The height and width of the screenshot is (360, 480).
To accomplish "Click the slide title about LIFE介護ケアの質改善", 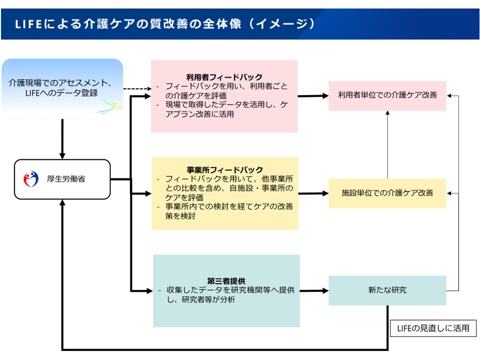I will point(165,23).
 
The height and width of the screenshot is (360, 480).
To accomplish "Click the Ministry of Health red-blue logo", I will point(31,178).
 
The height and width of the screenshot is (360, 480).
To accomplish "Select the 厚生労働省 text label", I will point(69,178).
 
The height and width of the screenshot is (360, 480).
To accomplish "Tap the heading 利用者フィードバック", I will point(224,77).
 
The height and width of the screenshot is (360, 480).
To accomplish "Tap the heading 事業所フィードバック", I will point(224,170).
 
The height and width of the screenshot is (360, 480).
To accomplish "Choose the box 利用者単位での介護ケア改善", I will point(387,95).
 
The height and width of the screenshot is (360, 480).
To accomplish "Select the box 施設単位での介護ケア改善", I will point(387,192).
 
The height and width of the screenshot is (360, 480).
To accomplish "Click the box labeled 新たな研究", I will point(387,290).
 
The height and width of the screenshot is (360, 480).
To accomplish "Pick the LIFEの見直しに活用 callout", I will point(433,328).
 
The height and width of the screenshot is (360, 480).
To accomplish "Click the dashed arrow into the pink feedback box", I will point(136,89).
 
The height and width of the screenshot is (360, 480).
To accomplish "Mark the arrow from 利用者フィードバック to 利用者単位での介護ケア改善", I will point(313,95).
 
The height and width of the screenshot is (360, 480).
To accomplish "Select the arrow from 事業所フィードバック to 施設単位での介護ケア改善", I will point(313,192).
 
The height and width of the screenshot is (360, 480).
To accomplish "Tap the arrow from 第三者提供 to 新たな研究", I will point(313,290).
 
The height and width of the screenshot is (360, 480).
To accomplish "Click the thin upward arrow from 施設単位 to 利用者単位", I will point(387,145).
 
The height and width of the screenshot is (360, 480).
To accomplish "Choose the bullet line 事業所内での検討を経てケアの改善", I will point(225,207).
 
